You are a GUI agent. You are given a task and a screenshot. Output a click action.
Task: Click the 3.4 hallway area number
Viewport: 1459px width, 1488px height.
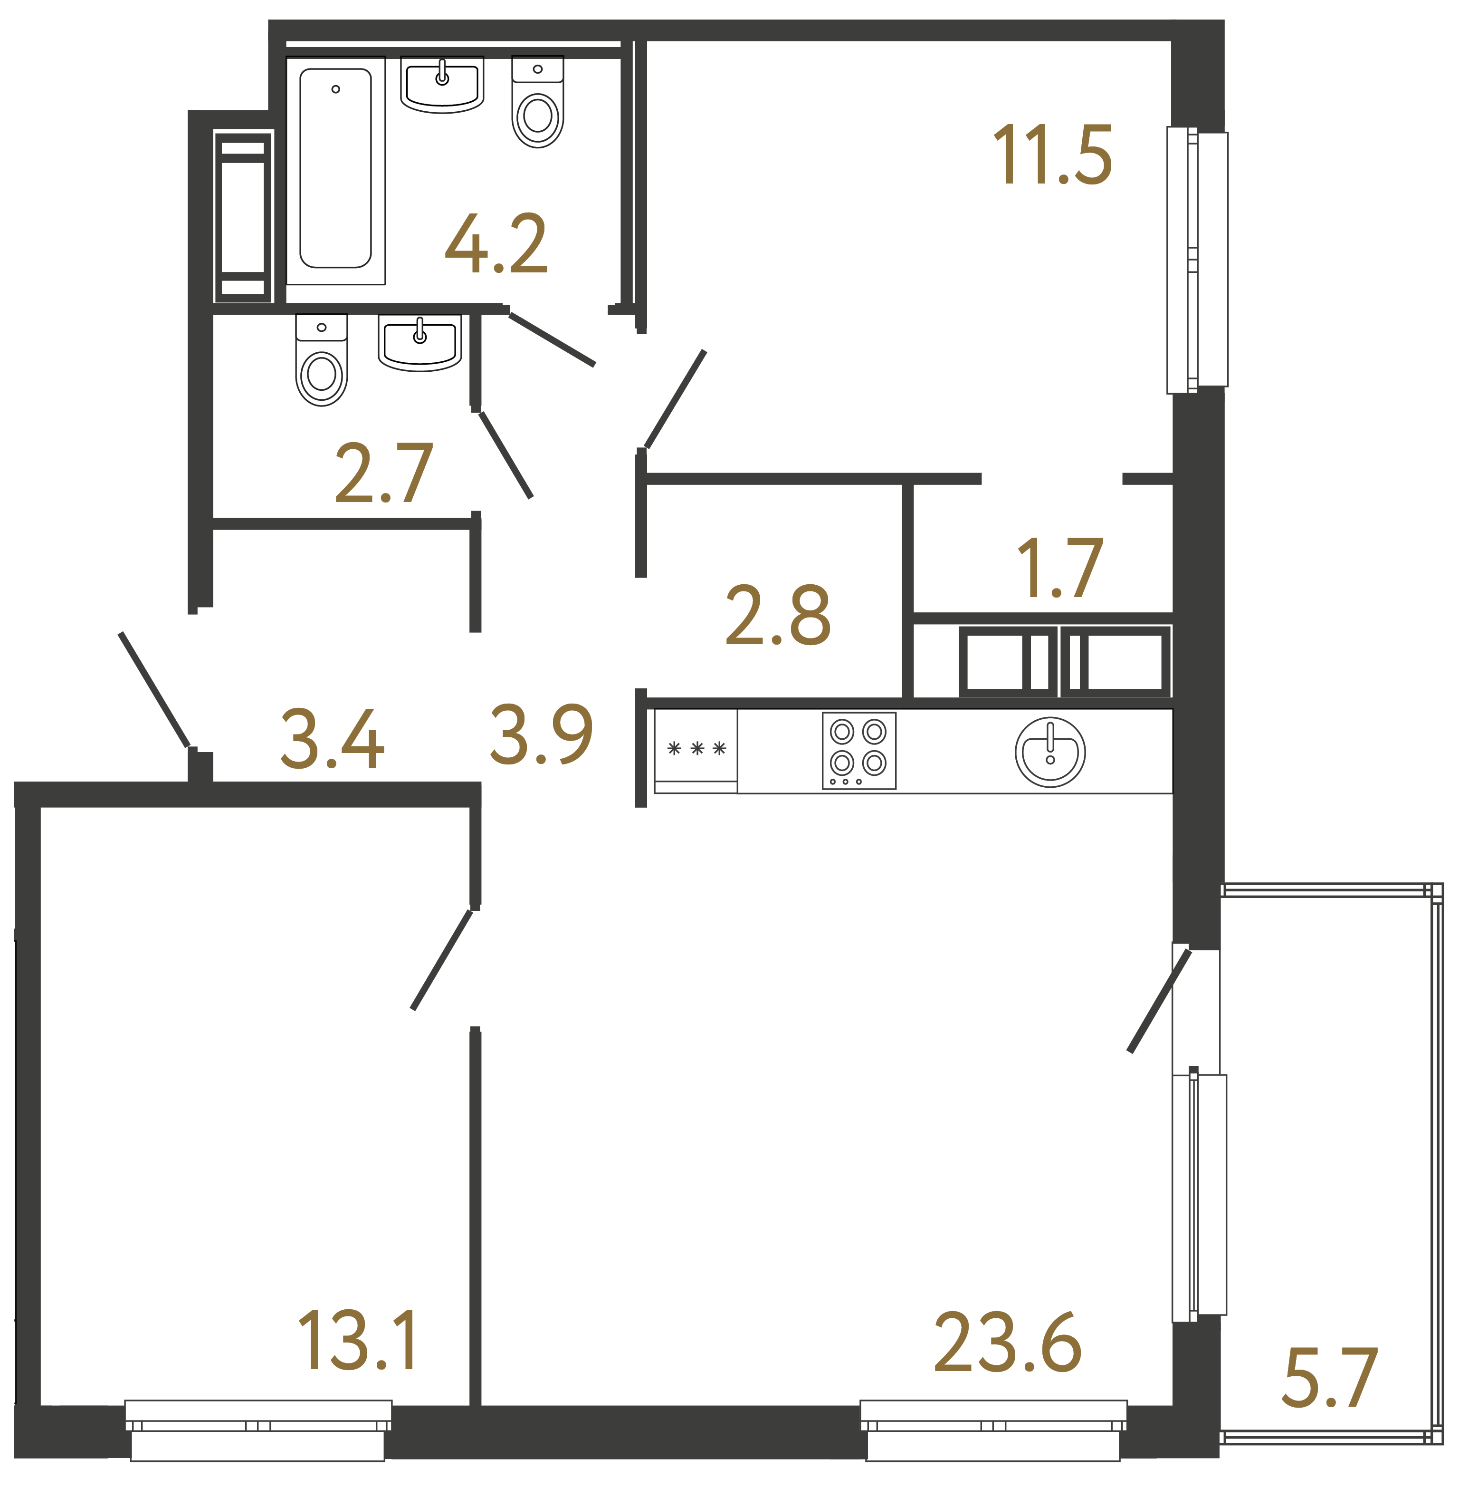click(x=332, y=739)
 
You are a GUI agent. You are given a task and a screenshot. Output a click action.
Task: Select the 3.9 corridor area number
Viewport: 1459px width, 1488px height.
click(x=541, y=735)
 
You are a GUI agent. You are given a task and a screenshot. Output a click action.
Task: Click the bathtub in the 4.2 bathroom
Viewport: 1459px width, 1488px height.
click(x=335, y=169)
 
